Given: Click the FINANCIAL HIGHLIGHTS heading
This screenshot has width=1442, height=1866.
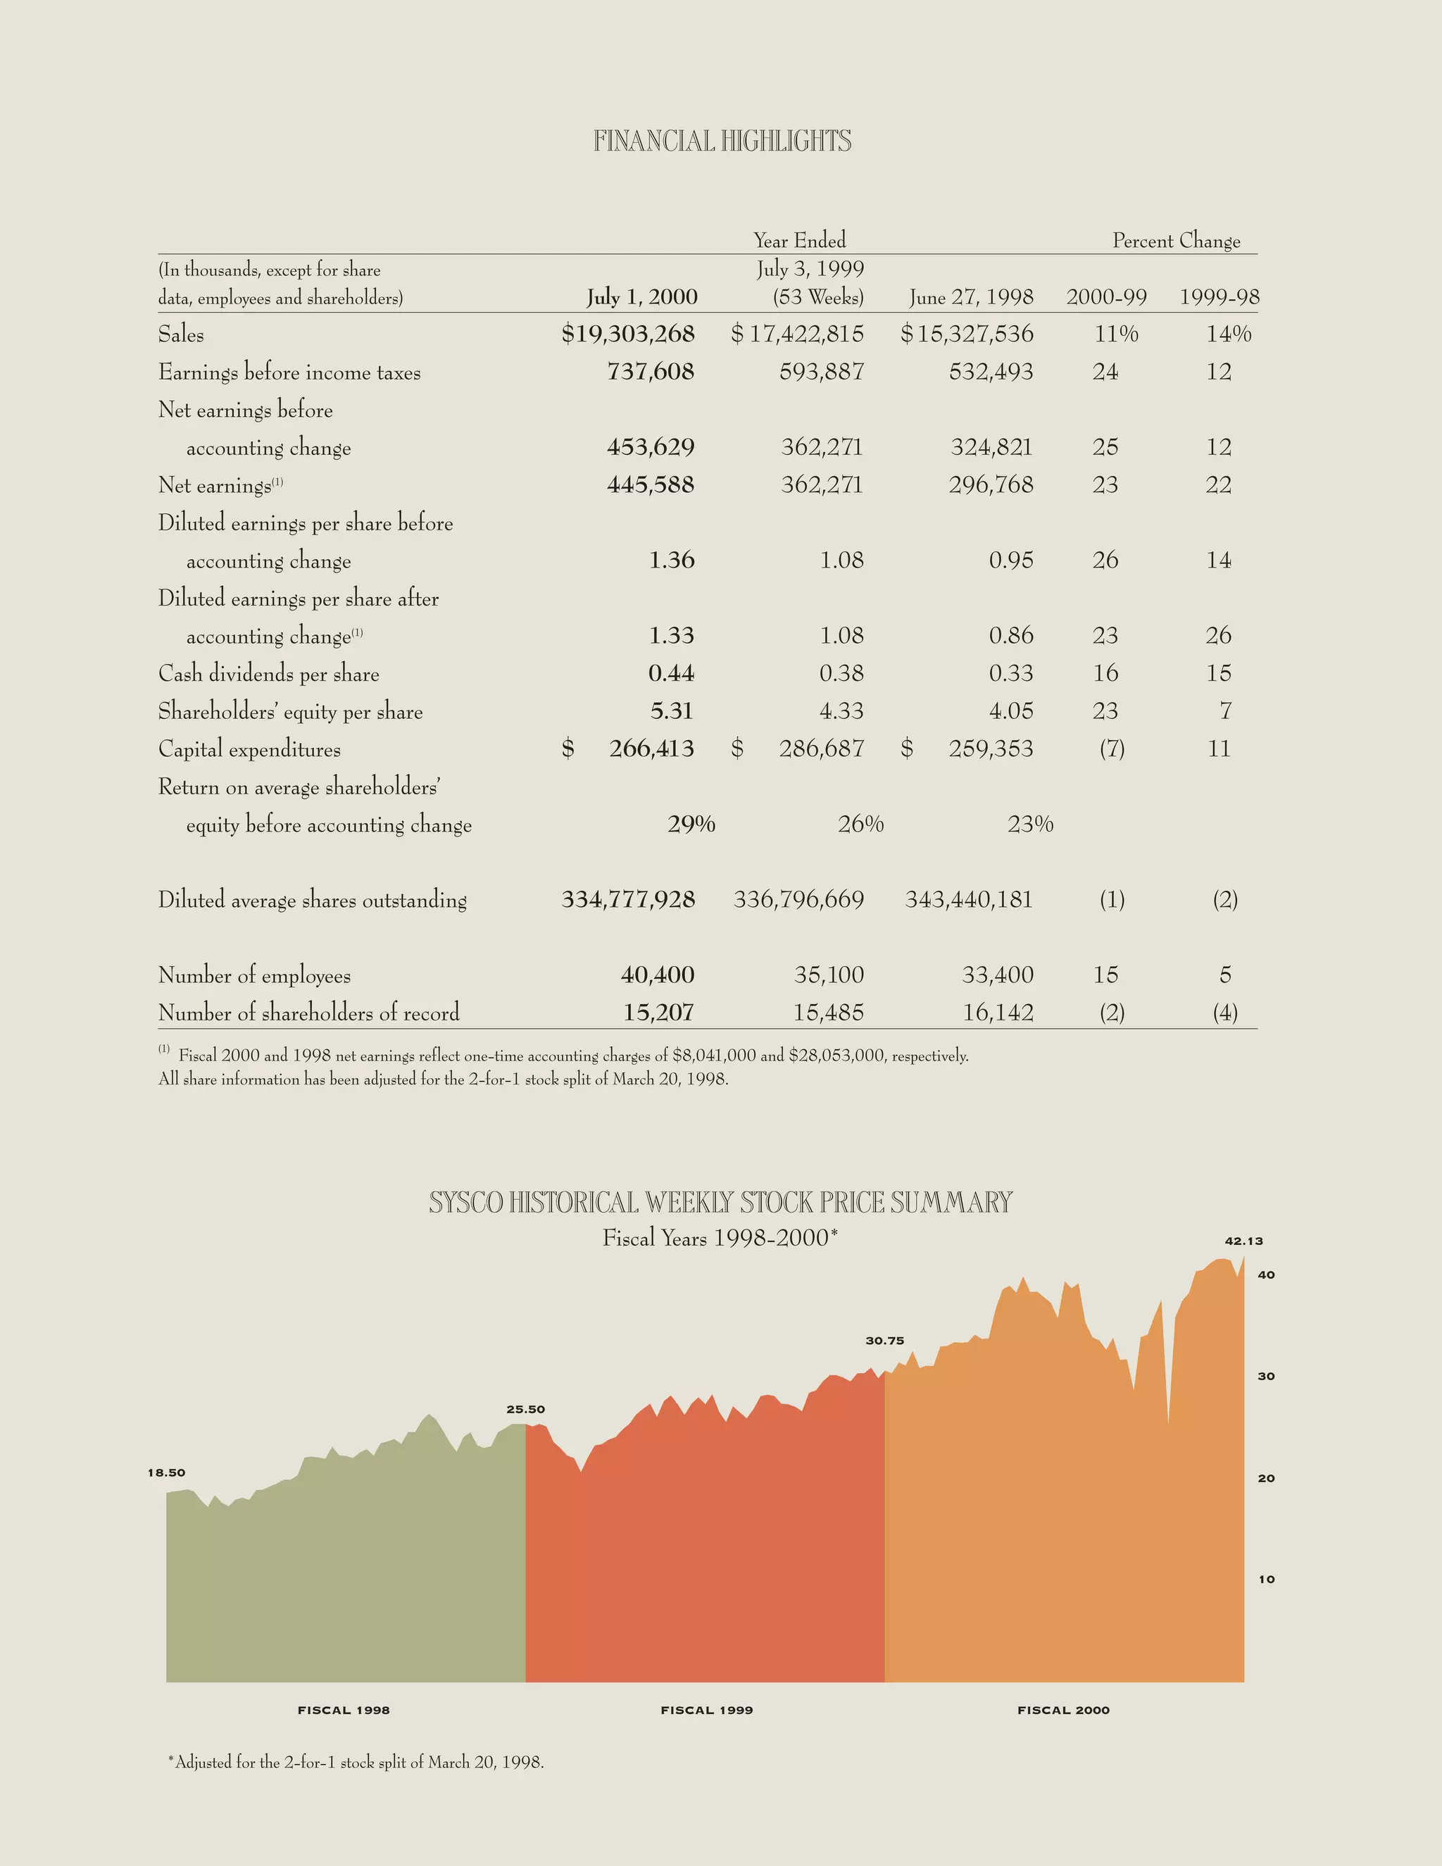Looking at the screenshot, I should point(722,141).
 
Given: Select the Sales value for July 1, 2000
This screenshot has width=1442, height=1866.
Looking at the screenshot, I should point(628,334).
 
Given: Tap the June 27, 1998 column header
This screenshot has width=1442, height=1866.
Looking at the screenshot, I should point(971,297).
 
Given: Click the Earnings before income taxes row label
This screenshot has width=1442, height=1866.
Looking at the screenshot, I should point(289,372).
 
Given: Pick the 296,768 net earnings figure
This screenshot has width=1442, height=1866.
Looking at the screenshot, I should point(991,485).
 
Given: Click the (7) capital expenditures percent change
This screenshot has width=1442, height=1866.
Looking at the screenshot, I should point(1111,749).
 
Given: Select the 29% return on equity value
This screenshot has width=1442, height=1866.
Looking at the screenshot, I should point(691,825).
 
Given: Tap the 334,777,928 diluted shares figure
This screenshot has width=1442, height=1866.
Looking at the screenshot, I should point(628,900).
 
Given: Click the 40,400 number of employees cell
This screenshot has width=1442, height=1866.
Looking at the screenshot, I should point(657,975).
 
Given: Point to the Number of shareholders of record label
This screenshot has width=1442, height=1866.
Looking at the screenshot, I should point(308,1013).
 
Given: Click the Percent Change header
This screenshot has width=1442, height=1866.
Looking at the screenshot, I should point(1177,241).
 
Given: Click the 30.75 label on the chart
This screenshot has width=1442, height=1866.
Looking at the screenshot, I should point(884,1341).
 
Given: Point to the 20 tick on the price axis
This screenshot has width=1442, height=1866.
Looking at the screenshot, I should point(1266,1478).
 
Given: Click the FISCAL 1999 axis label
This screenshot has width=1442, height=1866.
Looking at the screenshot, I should point(706,1710).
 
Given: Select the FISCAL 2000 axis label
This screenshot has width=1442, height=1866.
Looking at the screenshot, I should point(1062,1710).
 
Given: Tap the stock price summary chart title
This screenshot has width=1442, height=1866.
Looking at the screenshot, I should point(720,1203).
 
